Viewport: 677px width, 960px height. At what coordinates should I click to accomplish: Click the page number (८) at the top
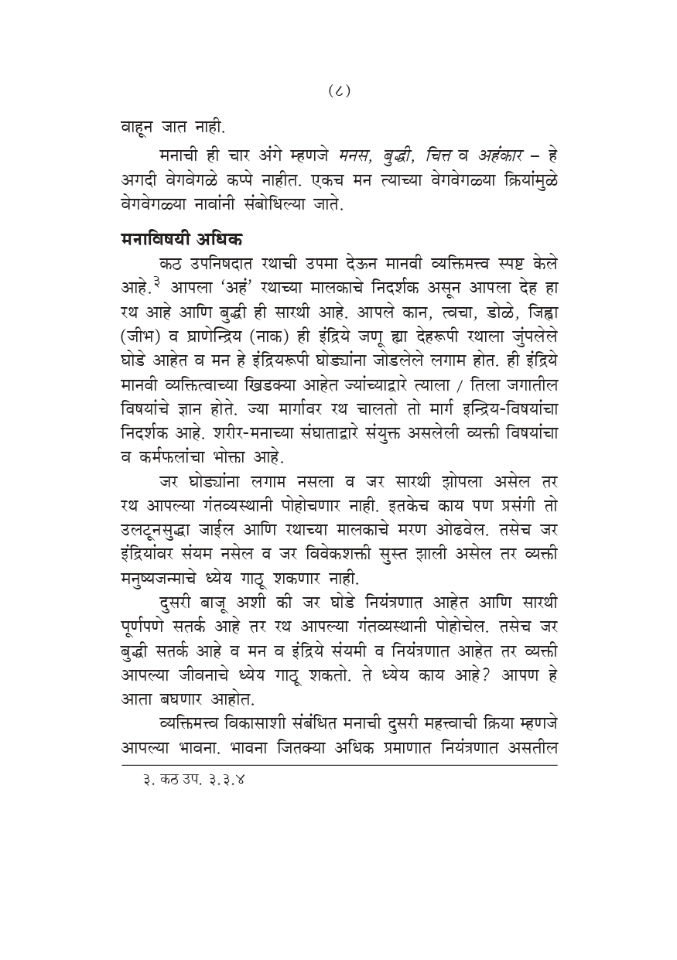point(339,91)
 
